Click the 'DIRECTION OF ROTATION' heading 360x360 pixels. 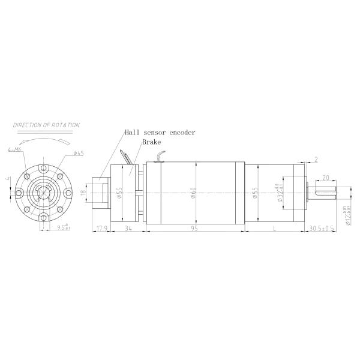click(47, 125)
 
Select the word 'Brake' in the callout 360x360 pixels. click(151, 143)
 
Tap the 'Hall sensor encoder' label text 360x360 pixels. click(160, 132)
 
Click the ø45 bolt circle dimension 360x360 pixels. click(78, 153)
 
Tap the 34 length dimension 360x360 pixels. click(127, 229)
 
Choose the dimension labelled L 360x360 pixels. click(274, 229)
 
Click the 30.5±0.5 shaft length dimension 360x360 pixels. click(322, 229)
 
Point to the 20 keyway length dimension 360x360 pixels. click(325, 178)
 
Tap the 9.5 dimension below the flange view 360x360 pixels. click(61, 228)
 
